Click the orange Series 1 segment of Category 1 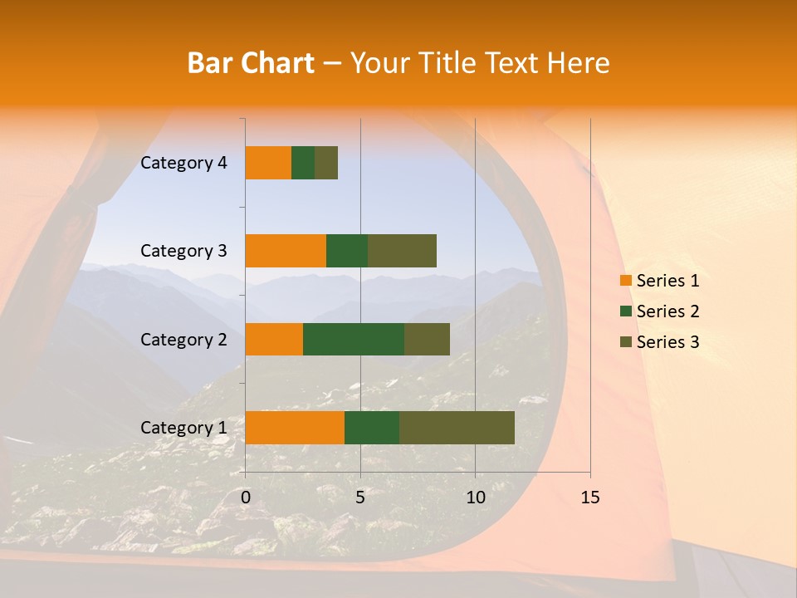click(x=295, y=428)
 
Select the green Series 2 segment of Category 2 click(x=354, y=339)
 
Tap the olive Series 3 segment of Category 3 click(x=402, y=251)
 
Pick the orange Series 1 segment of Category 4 click(x=268, y=163)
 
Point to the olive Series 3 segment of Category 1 click(x=457, y=428)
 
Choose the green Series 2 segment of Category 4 click(x=303, y=163)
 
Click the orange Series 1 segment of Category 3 click(x=286, y=251)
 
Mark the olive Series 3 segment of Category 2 click(x=427, y=339)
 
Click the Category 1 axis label click(x=183, y=428)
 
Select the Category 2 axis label click(x=183, y=339)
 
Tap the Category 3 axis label click(x=183, y=251)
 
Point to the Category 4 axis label click(x=183, y=163)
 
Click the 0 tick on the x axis click(x=246, y=498)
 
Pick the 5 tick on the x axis click(x=360, y=498)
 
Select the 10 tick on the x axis click(x=475, y=498)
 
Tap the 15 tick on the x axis click(x=589, y=498)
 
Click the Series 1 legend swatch click(x=626, y=281)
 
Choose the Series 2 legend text click(x=667, y=311)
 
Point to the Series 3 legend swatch click(x=626, y=342)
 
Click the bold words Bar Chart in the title click(x=251, y=63)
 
